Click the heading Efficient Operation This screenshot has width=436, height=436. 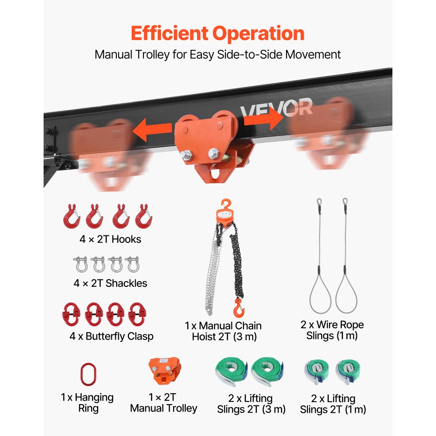218,34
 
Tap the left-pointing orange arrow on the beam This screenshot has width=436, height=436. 152,130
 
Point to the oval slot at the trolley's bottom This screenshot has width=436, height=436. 215,171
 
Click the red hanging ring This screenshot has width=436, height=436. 89,374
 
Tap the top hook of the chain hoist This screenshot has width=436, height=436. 226,204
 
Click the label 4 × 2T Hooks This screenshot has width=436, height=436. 110,239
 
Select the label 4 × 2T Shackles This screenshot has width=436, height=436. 110,283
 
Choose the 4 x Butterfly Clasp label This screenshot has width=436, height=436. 112,336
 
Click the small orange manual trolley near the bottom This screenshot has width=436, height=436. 165,371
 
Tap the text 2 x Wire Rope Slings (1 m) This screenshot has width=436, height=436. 332,330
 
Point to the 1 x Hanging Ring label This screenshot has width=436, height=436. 87,402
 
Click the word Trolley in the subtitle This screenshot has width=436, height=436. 152,54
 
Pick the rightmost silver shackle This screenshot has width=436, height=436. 133,264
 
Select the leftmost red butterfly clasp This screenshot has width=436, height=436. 71,314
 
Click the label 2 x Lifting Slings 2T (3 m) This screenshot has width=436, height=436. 251,404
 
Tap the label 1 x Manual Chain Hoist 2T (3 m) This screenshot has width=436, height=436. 223,331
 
